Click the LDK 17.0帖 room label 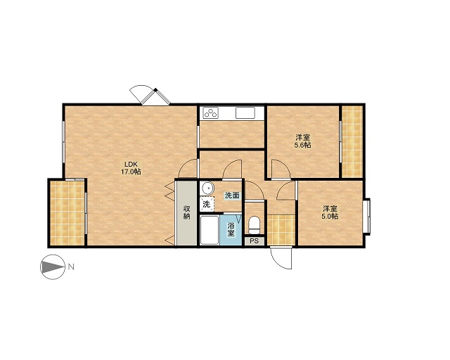coord(131,168)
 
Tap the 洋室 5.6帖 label coord(303,141)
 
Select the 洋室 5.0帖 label coord(330,212)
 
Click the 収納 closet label coord(186,212)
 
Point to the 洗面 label coord(232,195)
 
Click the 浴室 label coord(231,229)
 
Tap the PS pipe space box coord(255,241)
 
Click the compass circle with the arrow coord(52,267)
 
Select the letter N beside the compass coord(71,267)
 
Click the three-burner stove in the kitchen coord(211,112)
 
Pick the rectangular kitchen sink coord(245,112)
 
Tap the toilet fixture coord(255,226)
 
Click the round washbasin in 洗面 coord(207,188)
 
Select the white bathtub coord(210,230)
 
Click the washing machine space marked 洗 coord(207,204)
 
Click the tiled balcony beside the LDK coord(67,212)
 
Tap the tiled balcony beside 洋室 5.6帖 coord(352,141)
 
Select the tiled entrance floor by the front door coord(281,230)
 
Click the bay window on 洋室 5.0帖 coord(366,216)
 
